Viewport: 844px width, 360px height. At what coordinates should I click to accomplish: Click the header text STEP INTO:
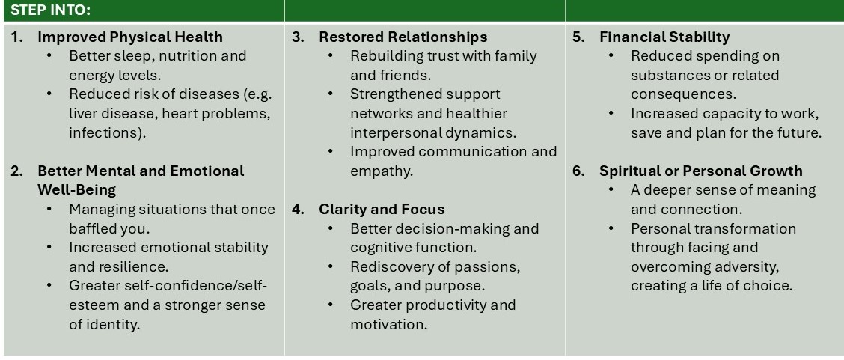[51, 10]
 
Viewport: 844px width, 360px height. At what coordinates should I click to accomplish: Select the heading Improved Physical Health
[129, 37]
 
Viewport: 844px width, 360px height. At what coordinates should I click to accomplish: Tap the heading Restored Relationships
[403, 37]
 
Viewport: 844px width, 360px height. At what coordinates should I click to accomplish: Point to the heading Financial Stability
[664, 37]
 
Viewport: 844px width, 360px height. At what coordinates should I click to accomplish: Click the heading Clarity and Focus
[382, 209]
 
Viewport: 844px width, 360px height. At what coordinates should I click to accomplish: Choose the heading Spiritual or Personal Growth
[701, 171]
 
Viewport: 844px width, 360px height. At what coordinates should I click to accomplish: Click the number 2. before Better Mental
[17, 171]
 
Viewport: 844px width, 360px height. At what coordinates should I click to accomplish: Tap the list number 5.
[579, 37]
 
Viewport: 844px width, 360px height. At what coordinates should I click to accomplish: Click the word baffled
[93, 228]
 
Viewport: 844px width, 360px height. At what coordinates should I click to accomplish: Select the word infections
[104, 132]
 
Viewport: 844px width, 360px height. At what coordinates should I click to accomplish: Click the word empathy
[381, 171]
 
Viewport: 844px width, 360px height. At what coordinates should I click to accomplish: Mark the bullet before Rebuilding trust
[331, 55]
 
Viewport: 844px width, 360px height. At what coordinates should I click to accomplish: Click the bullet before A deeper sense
[611, 190]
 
